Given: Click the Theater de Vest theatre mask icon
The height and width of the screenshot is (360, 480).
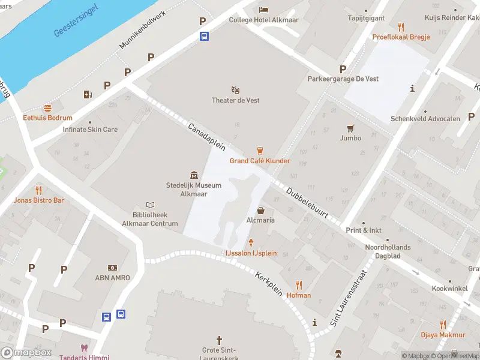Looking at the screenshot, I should coord(236,90).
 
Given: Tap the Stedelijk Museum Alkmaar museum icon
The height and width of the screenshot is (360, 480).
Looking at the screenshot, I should coord(194,175).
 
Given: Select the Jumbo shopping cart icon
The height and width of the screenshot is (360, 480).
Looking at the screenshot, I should coord(350,128).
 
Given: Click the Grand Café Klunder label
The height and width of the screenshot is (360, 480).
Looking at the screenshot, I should coord(260,161).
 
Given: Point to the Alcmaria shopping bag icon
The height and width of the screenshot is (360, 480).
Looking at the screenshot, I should coord(261,211).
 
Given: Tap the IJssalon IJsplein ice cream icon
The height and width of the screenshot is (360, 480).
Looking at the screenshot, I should coord(251,242).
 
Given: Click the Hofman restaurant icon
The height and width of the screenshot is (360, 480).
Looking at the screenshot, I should coord(299,285).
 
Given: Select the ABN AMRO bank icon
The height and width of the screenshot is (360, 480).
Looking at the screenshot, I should coord(112,268).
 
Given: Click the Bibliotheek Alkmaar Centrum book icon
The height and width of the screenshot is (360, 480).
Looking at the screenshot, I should coord(151,205).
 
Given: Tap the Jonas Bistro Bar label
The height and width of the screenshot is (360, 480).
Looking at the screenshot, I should coord(40,200).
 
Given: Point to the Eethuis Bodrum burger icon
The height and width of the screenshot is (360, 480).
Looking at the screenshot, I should coord(47,108).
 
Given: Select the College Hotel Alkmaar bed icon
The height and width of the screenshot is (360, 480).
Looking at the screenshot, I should coord(263,10).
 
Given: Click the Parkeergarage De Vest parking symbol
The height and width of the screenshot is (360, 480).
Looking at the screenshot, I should coord(343,69).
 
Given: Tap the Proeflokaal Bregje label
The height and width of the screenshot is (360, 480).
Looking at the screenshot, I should coord(401,37).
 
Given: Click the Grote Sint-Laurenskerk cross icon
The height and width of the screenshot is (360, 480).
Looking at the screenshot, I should coord(219,340).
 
